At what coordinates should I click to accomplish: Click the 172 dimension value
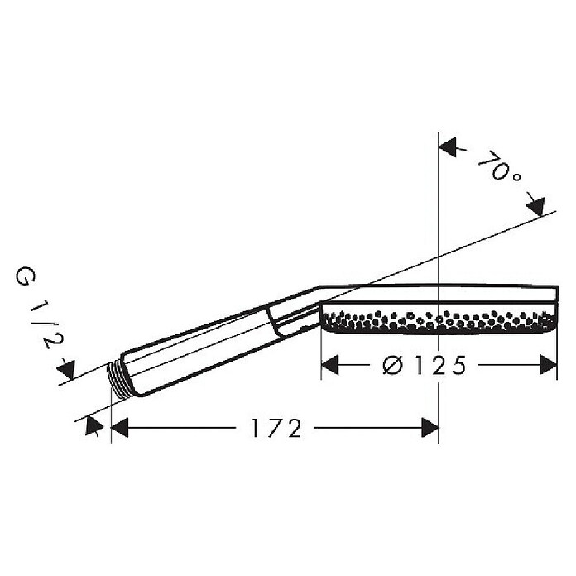pos(276,428)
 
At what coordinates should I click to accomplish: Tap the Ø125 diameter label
pos(424,365)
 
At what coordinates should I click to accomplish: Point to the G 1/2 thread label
pos(38,308)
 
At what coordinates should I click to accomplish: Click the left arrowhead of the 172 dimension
pos(119,428)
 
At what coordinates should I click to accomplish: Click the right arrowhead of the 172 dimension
pos(430,428)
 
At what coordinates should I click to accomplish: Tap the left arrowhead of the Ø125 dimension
pos(330,365)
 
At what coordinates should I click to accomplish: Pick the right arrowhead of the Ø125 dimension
pos(549,365)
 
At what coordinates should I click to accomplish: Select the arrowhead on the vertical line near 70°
pos(449,147)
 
